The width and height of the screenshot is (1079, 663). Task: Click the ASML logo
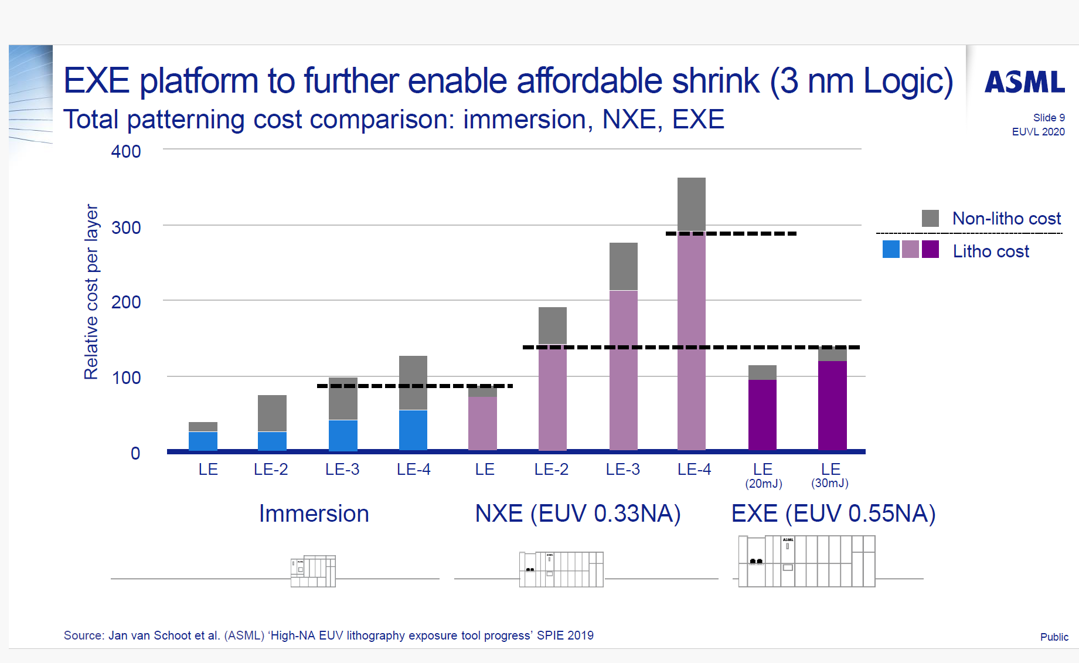coord(1024,82)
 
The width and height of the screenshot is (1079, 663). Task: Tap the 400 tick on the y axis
coord(126,152)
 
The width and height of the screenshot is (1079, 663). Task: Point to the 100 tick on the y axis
coord(126,378)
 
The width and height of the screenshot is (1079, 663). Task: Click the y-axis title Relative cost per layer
coord(91,292)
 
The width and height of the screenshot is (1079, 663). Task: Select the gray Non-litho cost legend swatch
coord(930,218)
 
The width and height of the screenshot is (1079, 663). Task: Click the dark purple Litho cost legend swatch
coord(930,249)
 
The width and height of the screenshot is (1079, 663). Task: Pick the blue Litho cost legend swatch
coord(890,249)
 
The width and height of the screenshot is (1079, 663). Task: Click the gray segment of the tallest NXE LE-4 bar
coord(691,204)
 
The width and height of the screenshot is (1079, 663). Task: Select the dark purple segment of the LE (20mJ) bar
coord(762,414)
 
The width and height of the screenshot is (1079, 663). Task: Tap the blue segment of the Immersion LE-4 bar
coord(413,430)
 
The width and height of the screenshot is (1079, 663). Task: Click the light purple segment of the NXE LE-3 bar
coord(623,369)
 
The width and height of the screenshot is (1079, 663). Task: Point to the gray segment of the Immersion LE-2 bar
coord(272,413)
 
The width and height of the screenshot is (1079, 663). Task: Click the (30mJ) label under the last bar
coord(829,483)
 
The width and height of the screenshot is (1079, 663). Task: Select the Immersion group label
coord(314,514)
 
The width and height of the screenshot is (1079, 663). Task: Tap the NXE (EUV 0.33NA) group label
coord(577,514)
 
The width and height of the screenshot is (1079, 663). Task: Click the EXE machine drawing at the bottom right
coord(806,561)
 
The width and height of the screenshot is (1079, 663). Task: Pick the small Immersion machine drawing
coord(313,571)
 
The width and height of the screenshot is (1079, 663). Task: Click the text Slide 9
coord(1049,118)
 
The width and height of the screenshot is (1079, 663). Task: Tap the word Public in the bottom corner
coord(1054,637)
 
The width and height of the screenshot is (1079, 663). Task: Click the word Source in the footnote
coord(83,635)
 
